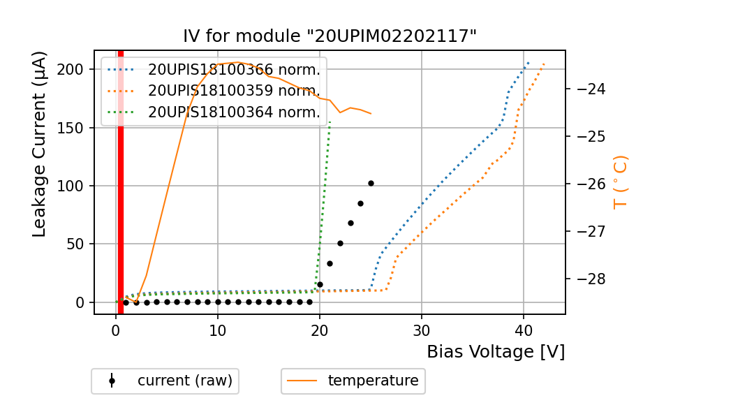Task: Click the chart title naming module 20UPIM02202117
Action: (x=330, y=36)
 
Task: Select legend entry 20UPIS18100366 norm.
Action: (x=234, y=69)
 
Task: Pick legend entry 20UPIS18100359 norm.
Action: (x=234, y=90)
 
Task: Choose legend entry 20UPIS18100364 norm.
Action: (x=234, y=112)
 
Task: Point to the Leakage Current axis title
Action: (x=40, y=144)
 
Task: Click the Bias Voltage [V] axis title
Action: (x=496, y=352)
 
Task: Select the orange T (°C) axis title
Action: (x=620, y=182)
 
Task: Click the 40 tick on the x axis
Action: (x=523, y=330)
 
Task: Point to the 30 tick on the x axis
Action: (x=421, y=330)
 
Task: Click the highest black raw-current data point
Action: (x=371, y=183)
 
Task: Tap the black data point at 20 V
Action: (x=320, y=284)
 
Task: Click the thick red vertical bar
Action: (x=120, y=182)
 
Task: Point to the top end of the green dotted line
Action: (x=330, y=122)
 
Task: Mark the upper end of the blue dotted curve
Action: (x=528, y=62)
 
